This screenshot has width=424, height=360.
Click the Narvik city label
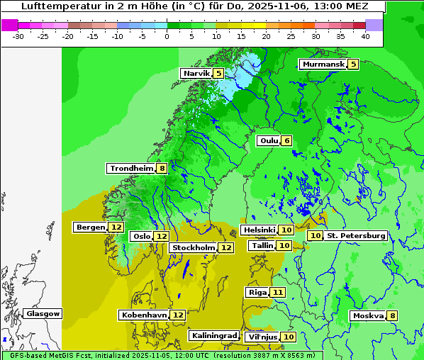(x=196, y=74)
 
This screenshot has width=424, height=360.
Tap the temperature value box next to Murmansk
(x=353, y=64)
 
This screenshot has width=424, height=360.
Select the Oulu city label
(x=269, y=140)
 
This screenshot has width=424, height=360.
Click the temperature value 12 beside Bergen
(x=116, y=227)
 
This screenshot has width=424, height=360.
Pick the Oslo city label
(x=142, y=236)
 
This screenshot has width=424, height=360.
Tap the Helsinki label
(x=259, y=230)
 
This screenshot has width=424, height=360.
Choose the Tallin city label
(x=262, y=245)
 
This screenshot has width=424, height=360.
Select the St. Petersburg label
(x=355, y=235)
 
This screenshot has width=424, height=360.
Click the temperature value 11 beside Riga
(x=278, y=292)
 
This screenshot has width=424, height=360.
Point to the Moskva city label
(x=368, y=315)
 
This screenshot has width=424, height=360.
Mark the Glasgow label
(x=43, y=313)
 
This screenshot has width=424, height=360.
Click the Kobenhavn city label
(x=144, y=315)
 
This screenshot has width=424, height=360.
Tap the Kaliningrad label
(x=213, y=335)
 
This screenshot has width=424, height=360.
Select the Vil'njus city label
(x=262, y=337)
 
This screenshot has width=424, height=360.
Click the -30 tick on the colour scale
(x=19, y=35)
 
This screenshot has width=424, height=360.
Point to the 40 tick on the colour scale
(x=365, y=35)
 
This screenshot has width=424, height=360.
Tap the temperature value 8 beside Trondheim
(x=162, y=169)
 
